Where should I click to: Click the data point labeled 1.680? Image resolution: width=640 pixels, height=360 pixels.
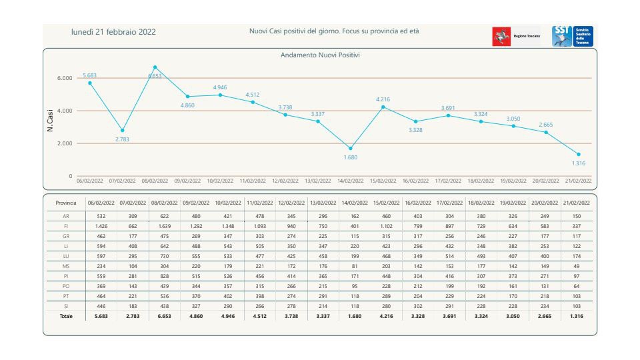[x=351, y=148]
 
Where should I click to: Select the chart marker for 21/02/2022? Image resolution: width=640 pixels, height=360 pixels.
[x=579, y=154]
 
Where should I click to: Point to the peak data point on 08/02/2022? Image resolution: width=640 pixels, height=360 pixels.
[x=155, y=67]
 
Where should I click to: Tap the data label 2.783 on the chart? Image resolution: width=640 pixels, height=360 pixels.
[x=122, y=139]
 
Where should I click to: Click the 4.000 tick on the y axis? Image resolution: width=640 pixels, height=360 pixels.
[x=63, y=111]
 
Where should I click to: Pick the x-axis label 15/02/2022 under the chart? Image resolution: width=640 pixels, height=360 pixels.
[x=383, y=181]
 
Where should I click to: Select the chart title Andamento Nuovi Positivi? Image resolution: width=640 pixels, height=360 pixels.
[x=320, y=55]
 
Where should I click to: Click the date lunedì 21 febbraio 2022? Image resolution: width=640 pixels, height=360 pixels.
[x=114, y=32]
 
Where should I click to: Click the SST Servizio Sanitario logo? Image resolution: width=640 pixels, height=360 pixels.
[x=573, y=36]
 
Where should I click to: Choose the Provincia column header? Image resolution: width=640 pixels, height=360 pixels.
[x=67, y=202]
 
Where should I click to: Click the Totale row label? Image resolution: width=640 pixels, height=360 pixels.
[x=67, y=316]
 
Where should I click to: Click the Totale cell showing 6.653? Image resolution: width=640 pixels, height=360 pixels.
[x=164, y=316]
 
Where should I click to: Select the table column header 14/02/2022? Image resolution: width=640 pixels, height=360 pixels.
[x=354, y=202]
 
